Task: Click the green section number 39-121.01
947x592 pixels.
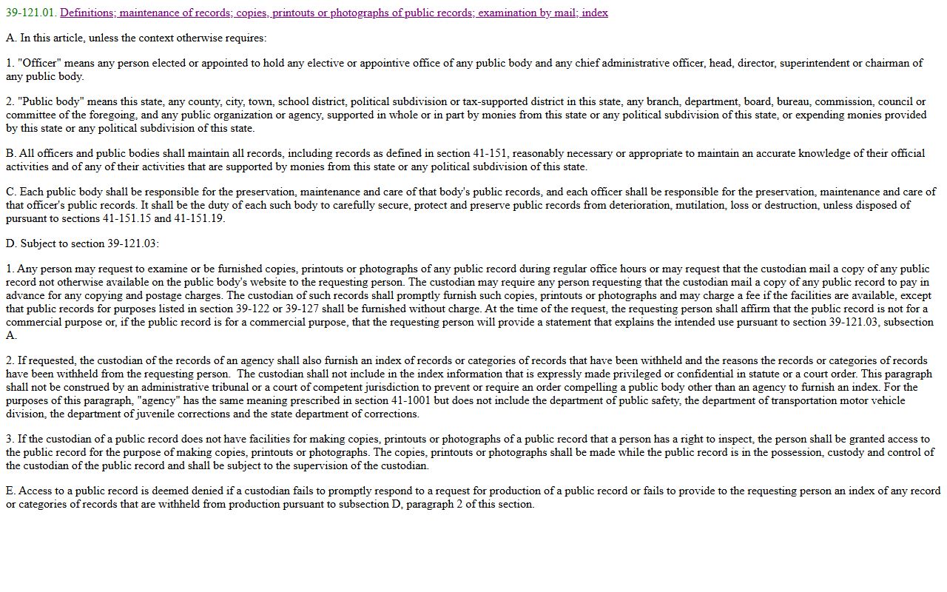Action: (x=30, y=13)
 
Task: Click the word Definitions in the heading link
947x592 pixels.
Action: (x=86, y=13)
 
